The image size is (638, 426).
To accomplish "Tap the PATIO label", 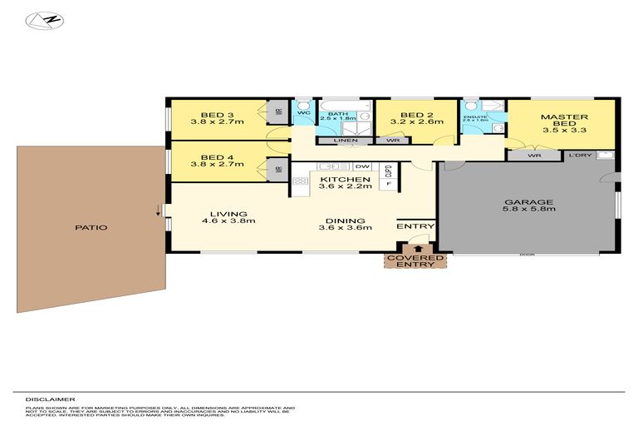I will (91, 227).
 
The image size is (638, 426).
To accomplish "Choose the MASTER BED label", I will (564, 117).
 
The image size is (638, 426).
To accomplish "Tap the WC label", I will (303, 112).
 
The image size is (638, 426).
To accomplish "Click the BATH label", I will (336, 113).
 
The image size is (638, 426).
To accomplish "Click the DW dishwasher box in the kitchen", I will (362, 167).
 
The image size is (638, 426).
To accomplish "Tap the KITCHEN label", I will (345, 180).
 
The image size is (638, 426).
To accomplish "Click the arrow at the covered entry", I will (417, 246).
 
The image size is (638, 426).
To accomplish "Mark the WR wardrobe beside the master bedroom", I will (535, 156).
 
